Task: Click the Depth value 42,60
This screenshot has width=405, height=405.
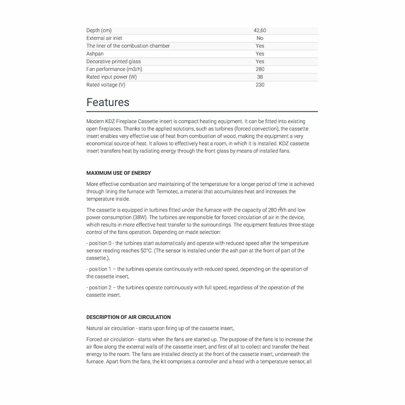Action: tap(260, 30)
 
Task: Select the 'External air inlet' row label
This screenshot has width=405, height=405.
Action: tap(104, 38)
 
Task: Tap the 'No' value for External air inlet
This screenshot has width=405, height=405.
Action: tap(260, 38)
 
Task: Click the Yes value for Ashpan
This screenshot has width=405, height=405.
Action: tap(260, 53)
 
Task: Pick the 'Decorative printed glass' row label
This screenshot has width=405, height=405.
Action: tap(113, 61)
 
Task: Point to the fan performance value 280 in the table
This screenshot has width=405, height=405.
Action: tap(260, 69)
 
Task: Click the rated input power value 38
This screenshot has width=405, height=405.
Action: tap(260, 77)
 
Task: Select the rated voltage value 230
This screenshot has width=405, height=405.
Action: tap(260, 85)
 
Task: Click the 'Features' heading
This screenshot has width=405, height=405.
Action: tap(108, 102)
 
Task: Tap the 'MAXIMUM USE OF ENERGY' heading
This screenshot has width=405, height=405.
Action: tap(119, 173)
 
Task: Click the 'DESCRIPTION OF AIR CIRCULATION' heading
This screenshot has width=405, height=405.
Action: tap(128, 317)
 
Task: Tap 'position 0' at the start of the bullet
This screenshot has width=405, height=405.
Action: tap(100, 243)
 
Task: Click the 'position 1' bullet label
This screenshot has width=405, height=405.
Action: tap(100, 269)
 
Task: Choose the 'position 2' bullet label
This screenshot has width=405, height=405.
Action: tap(100, 288)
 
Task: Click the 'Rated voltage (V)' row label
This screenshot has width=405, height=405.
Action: tap(106, 85)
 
